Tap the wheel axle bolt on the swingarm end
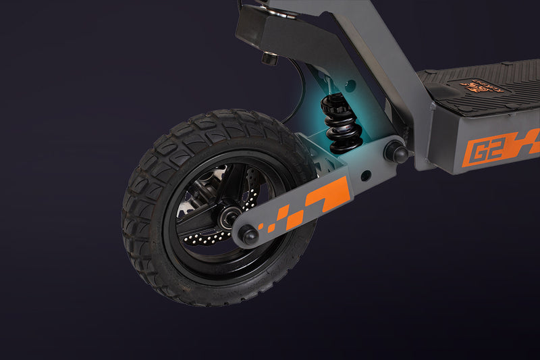(248, 235)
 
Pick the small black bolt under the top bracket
(269, 58)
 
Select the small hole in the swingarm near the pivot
(365, 176)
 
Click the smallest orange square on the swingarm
(271, 228)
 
